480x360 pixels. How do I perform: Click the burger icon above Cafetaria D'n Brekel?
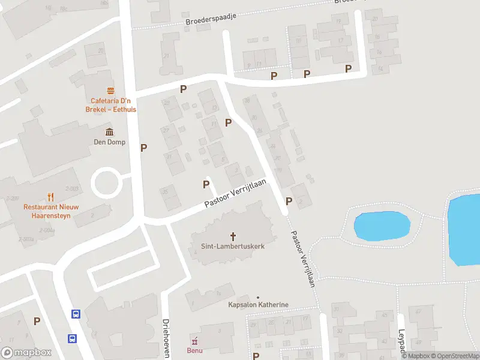(110, 91)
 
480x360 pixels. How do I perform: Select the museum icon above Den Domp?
(109, 132)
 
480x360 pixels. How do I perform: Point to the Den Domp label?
(109, 142)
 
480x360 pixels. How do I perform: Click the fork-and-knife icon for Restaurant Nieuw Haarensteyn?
(50, 196)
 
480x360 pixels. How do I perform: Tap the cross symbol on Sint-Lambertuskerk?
(233, 236)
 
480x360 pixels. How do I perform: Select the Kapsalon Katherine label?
(258, 305)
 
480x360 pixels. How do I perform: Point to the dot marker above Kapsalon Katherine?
(258, 298)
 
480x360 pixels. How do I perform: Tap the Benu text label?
(194, 350)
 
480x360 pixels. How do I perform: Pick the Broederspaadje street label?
(212, 20)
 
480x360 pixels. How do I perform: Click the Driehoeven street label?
(166, 337)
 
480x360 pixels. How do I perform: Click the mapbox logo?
(26, 353)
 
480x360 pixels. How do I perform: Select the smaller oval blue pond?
(382, 226)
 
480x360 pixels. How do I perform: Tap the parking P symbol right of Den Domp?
(143, 148)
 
